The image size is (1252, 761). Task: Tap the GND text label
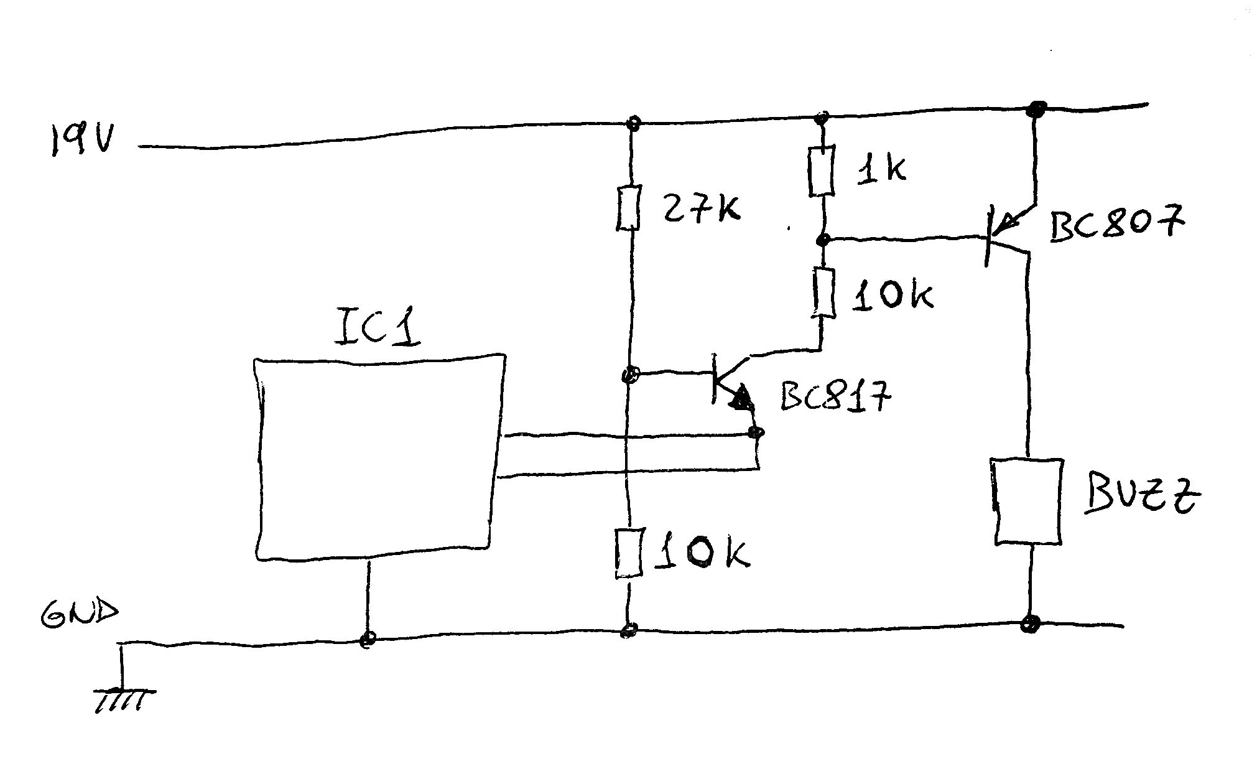pos(78,614)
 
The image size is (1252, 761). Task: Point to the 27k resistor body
pos(629,207)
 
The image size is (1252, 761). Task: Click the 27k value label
pos(700,208)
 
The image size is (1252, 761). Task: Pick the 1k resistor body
pos(820,172)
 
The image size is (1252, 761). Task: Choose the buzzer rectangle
pos(1027,502)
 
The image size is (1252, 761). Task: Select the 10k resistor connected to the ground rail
pos(629,553)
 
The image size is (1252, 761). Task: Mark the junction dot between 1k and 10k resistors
pos(823,239)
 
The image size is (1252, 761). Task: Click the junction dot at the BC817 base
pos(629,375)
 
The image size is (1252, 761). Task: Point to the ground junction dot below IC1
pos(368,638)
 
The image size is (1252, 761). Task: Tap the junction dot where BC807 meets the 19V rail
pos(1035,110)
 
